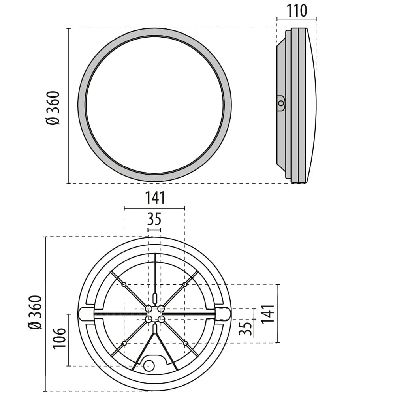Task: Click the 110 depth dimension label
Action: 297,11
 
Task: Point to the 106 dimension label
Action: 59,339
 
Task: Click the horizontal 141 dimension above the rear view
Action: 155,198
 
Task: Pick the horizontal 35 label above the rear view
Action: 154,219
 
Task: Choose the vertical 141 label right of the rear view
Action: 267,314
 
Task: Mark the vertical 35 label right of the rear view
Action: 245,329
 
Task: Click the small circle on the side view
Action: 281,103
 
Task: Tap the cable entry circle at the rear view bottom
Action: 149,365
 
